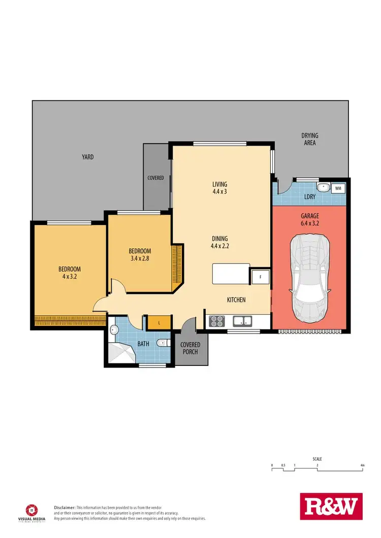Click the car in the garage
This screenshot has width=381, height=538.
click(x=310, y=279)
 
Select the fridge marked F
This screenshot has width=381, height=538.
click(x=259, y=277)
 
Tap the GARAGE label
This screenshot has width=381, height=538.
click(x=309, y=216)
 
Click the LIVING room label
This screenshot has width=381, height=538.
click(x=220, y=184)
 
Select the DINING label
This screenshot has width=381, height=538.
click(x=220, y=239)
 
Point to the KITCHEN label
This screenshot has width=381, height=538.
click(x=236, y=300)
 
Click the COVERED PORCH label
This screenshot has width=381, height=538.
click(x=190, y=349)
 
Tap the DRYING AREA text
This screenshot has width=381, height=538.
click(x=309, y=139)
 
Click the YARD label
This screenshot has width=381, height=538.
click(x=88, y=157)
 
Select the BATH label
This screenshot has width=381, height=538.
click(x=144, y=344)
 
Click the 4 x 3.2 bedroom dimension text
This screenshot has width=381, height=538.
click(x=70, y=277)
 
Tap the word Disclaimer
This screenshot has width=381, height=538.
click(x=65, y=508)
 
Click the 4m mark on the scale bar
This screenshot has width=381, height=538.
click(x=362, y=465)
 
